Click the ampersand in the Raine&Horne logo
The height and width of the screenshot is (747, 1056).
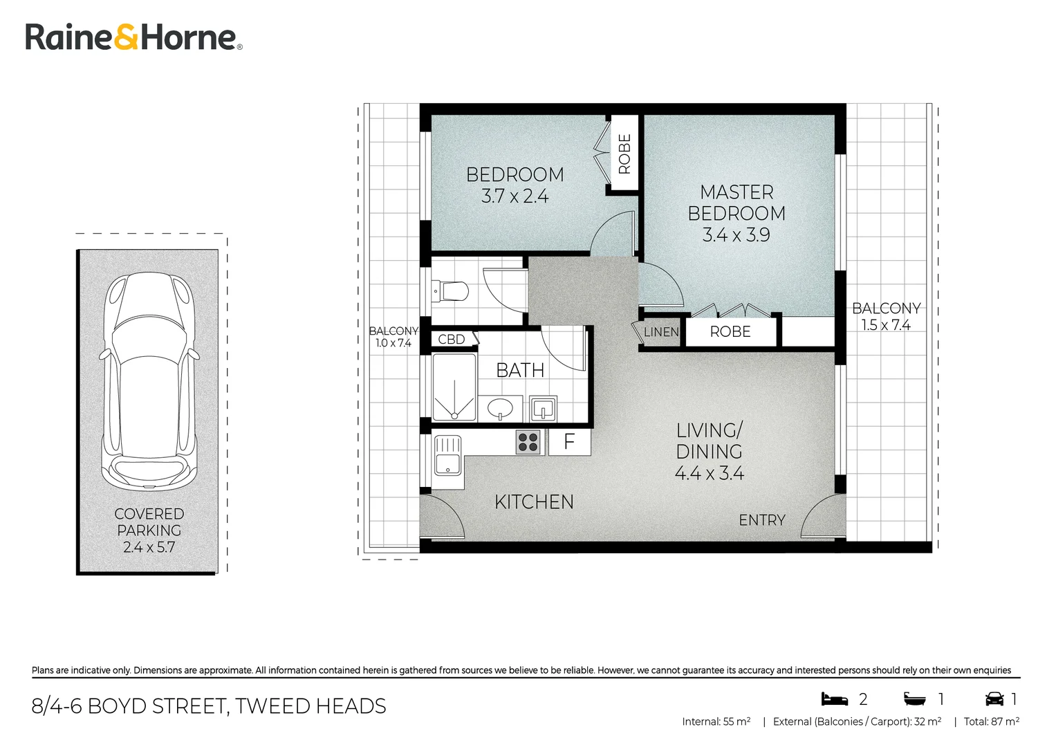click(127, 38)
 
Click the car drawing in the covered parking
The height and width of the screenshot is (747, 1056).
click(149, 382)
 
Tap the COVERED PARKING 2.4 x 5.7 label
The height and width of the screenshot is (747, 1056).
click(149, 531)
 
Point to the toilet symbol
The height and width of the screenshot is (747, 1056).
click(450, 291)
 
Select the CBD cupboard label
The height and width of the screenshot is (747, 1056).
click(451, 339)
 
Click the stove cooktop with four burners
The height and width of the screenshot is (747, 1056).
click(528, 443)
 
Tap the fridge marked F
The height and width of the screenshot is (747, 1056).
click(569, 442)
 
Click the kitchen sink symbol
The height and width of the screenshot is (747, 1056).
click(447, 456)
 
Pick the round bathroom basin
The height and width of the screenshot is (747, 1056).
click(500, 408)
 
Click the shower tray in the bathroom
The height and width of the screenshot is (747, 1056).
click(454, 387)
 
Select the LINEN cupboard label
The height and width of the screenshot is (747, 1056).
click(661, 332)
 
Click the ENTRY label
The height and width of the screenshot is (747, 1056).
click(762, 520)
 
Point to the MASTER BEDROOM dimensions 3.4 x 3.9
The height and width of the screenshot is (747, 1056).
click(736, 235)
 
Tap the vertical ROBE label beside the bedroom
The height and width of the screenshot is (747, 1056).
click(624, 154)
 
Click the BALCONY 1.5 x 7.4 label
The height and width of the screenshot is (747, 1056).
click(887, 317)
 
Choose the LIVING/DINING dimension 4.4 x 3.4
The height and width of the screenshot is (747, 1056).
click(709, 473)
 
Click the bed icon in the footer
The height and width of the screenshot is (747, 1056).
click(834, 699)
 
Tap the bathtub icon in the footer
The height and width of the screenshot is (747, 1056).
click(914, 699)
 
